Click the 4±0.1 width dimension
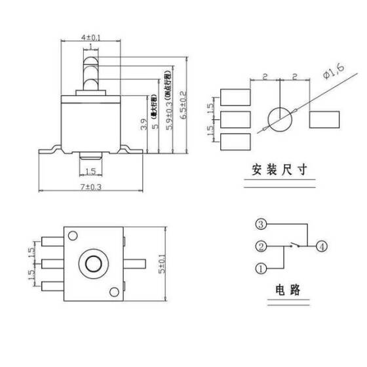[x=90, y=38]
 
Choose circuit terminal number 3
[x=260, y=225]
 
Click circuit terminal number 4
[x=321, y=246]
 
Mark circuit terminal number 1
[x=260, y=268]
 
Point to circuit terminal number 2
[x=260, y=246]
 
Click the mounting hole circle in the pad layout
[x=280, y=119]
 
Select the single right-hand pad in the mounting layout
[x=324, y=119]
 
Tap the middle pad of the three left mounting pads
[x=235, y=119]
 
